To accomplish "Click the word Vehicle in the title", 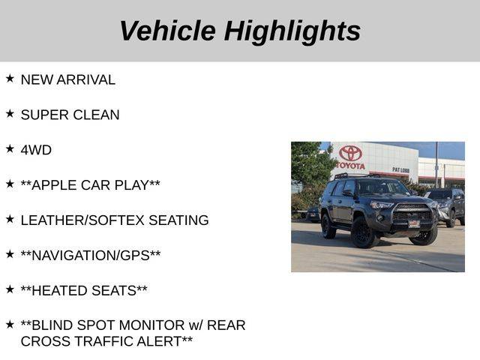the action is coord(168,31).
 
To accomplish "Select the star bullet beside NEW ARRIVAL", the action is coord(10,78).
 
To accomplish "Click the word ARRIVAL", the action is coord(86,80).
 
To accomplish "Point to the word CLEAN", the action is coord(96,115).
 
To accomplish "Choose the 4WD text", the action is coord(36,150).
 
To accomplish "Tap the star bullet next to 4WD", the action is coord(10,148).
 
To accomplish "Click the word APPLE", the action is coord(55,185).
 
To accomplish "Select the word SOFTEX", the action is coord(116,220).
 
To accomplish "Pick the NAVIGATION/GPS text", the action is coord(91,256).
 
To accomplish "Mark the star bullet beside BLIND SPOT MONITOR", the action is coord(10,325).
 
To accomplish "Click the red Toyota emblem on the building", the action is coord(350,153).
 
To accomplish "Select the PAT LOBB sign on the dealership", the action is coord(400,170).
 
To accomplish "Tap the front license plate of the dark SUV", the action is coord(414,224).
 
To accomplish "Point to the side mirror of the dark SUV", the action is coord(348,193).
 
